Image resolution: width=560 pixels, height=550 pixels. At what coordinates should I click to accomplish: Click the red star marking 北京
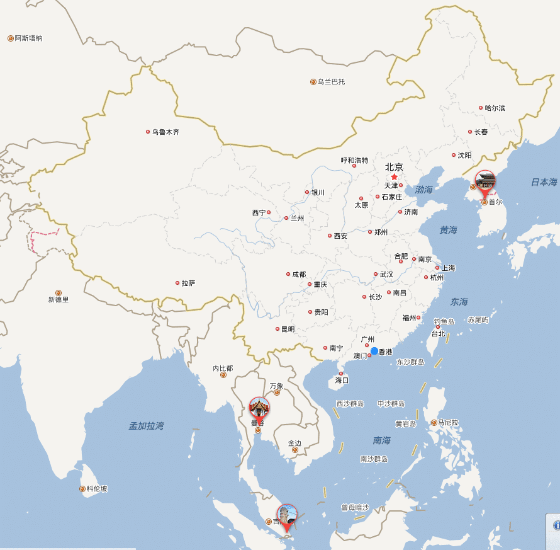click(395, 177)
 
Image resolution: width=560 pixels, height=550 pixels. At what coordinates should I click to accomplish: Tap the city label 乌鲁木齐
click(165, 132)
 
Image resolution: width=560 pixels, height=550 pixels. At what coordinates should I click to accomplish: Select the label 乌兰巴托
click(331, 82)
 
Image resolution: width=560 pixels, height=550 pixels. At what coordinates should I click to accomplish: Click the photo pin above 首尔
click(485, 181)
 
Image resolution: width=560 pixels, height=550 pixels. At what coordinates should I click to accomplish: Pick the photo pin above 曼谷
click(259, 408)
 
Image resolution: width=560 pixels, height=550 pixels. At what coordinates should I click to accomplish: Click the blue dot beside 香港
click(374, 351)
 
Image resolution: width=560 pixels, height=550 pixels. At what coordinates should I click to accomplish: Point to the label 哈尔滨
click(495, 108)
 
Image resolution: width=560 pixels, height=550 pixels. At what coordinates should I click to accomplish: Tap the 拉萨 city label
click(188, 284)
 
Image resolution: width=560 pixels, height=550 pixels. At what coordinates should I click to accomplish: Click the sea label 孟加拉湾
click(147, 426)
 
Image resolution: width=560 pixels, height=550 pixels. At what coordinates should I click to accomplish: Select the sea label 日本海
click(544, 182)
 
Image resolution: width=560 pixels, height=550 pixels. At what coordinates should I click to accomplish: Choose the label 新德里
click(59, 300)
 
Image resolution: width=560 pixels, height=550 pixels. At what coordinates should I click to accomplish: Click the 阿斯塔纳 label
click(29, 38)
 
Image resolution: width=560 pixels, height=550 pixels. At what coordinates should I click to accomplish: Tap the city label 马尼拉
click(449, 423)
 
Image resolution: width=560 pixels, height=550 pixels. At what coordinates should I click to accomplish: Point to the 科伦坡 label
click(97, 489)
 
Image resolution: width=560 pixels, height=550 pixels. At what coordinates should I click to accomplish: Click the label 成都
click(299, 275)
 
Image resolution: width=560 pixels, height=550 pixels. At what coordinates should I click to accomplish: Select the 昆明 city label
click(288, 329)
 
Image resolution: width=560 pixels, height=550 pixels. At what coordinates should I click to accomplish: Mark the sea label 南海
click(381, 440)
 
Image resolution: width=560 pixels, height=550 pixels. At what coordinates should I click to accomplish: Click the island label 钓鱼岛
click(444, 321)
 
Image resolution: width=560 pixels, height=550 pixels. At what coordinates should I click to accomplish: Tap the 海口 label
click(342, 381)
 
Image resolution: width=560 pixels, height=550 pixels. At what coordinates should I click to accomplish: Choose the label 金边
click(294, 444)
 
